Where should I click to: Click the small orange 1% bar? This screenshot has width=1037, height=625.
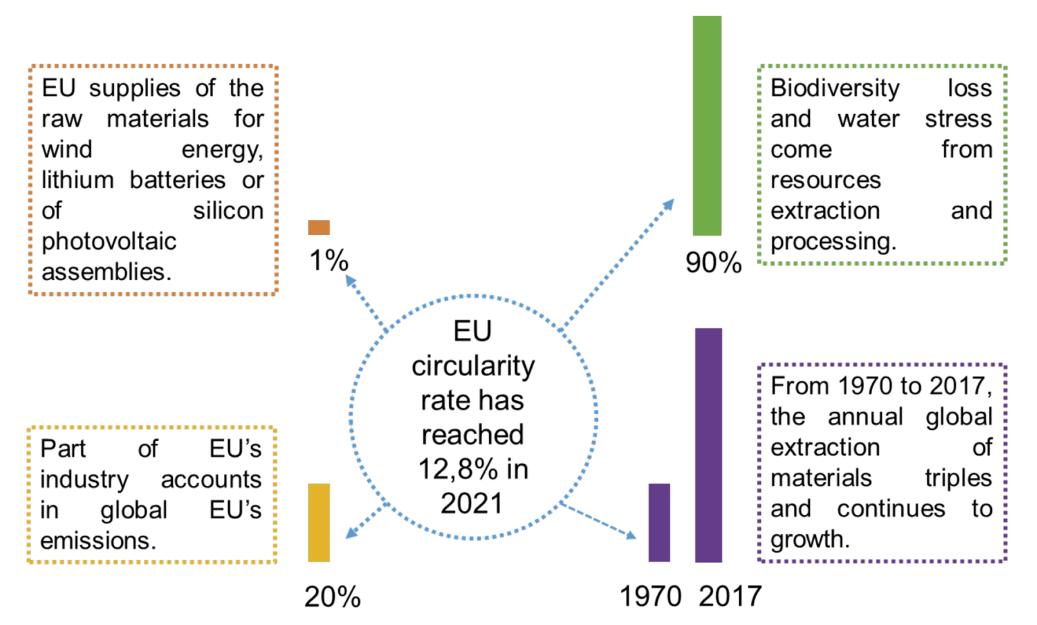319,227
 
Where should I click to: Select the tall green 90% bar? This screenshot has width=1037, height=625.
707,126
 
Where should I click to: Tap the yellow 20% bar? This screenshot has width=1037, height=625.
319,522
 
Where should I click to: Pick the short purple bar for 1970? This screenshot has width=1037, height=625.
659,522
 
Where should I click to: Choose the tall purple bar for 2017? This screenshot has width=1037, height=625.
708,445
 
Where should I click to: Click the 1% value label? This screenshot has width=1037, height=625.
329,261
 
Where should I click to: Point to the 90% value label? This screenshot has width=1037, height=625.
714,263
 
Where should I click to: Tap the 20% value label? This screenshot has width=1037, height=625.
332,597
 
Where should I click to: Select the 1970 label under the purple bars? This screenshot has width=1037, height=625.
651,597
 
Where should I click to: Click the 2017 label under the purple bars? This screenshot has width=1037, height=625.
730,597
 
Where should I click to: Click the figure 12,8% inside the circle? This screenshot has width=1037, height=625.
457,469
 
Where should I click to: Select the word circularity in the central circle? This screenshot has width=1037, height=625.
473,366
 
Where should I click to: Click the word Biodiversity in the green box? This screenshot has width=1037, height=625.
834,88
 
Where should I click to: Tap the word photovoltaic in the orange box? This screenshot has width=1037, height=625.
109,242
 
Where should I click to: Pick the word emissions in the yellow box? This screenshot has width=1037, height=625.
97,541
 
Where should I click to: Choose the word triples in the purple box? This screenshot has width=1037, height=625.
958,478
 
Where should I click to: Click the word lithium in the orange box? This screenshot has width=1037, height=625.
78,180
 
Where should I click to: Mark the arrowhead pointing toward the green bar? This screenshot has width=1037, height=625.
668,204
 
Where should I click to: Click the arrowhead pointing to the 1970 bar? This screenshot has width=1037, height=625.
631,535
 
